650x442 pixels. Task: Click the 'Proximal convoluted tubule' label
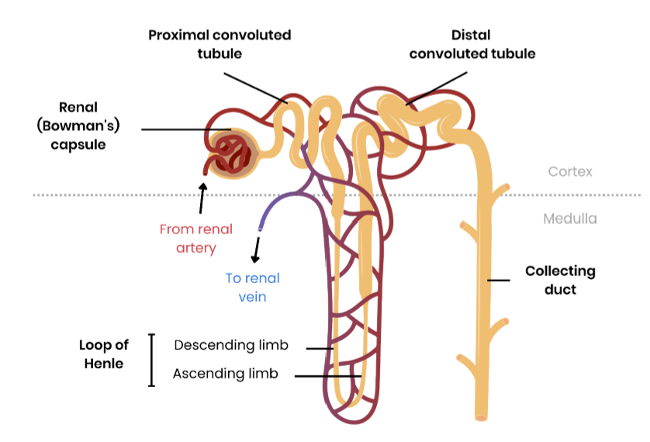[x=220, y=44]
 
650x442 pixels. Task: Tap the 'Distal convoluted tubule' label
[x=472, y=44]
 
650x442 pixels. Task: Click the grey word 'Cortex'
[x=569, y=171]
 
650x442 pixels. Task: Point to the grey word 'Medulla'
[x=570, y=219]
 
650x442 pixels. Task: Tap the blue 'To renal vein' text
[x=252, y=287]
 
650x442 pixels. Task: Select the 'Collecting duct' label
[x=560, y=280]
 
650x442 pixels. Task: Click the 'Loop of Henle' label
[x=104, y=354]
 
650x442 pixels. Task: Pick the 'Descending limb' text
[x=230, y=345]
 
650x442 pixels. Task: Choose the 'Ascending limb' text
[x=225, y=374]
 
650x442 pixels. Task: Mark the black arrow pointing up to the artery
[x=202, y=197]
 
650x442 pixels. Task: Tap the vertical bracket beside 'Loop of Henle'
[x=151, y=360]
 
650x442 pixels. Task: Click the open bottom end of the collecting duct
[x=481, y=418]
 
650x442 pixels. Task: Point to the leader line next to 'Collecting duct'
[x=498, y=280]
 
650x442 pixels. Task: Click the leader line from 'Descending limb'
[x=320, y=348]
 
